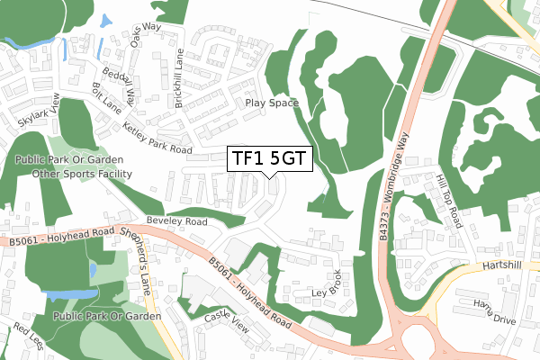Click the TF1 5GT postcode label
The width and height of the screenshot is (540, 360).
[269, 158]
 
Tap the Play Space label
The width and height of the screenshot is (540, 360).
[273, 103]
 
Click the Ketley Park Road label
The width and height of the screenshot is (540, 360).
[158, 136]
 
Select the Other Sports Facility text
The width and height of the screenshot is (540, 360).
[77, 172]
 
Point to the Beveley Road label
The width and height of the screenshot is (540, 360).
[177, 220]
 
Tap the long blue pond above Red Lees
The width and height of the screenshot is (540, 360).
[70, 294]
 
